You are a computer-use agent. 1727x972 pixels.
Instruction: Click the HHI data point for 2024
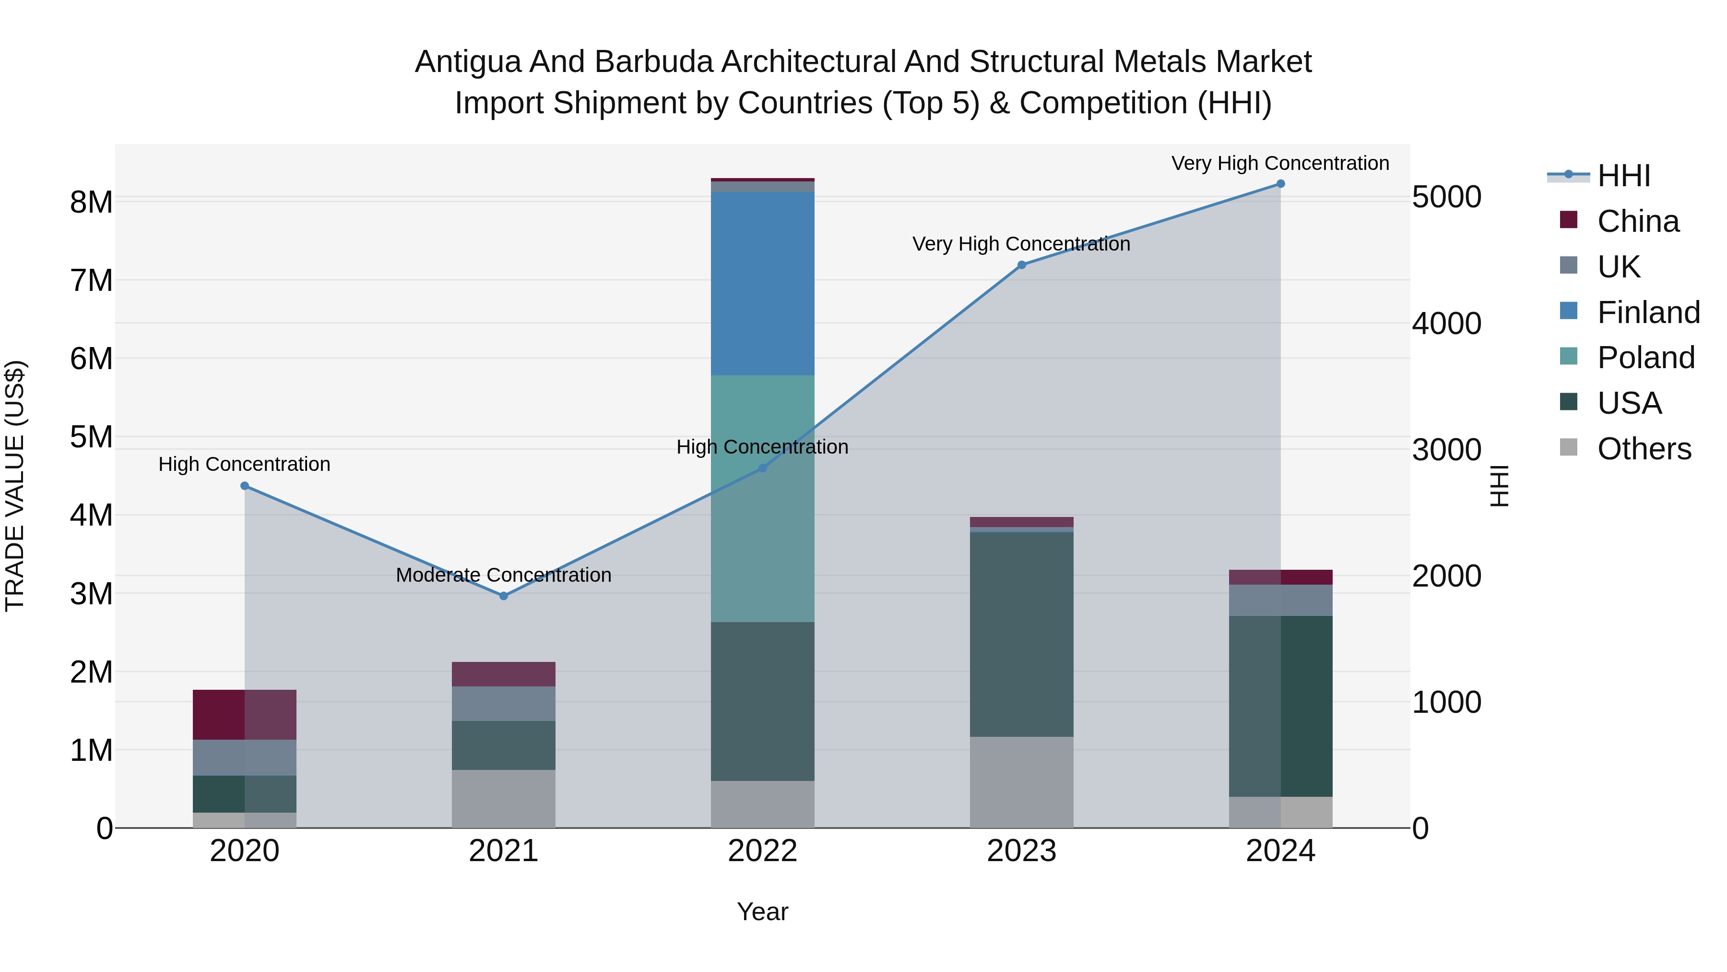pos(1280,184)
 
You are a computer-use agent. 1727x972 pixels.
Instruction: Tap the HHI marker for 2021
pos(504,596)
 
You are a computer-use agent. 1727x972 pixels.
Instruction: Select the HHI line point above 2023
pos(1021,265)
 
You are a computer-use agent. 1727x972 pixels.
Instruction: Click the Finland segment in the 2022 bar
pos(762,283)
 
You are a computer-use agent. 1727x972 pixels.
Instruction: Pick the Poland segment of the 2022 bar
pos(762,498)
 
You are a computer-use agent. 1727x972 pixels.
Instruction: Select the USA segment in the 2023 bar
pos(1021,634)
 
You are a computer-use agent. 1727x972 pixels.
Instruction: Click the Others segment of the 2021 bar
pos(504,798)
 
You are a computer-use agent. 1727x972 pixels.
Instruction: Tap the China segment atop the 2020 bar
pos(244,714)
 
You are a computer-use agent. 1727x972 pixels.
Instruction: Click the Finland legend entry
pos(1648,312)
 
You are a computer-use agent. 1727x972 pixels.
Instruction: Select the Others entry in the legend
pos(1644,449)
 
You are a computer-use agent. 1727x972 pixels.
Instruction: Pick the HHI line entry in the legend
pos(1622,176)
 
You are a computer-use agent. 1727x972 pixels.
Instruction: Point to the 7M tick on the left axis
pos(92,280)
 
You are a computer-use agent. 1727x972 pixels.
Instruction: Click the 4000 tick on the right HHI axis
pos(1446,324)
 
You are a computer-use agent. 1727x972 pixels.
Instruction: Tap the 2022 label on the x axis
pos(762,851)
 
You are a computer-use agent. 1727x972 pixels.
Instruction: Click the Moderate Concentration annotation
pos(504,575)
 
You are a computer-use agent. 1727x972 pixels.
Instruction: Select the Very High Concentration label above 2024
pos(1280,163)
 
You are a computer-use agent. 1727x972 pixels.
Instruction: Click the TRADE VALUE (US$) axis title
pos(15,486)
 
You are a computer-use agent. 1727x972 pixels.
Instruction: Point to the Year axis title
pos(762,912)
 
